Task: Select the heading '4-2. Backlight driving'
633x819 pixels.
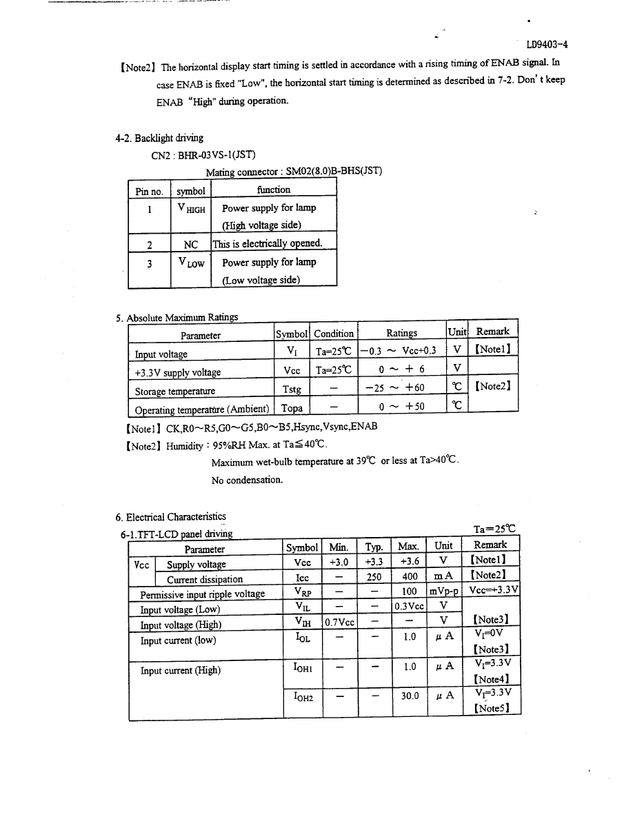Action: coord(159,138)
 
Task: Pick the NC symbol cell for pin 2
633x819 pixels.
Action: coord(191,243)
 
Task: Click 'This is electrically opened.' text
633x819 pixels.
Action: coord(266,243)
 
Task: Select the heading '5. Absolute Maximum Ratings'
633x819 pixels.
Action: coord(177,317)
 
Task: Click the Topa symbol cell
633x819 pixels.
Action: coord(292,408)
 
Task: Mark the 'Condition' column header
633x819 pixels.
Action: coord(334,334)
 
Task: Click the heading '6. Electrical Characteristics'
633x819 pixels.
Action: coord(170,516)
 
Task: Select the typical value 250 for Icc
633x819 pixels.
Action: coord(374,579)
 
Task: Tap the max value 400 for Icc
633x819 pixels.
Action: coord(410,579)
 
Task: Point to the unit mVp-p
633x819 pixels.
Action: coord(444,592)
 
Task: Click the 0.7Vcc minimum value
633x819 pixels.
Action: coord(339,623)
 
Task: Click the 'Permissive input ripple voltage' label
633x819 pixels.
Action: coord(202,594)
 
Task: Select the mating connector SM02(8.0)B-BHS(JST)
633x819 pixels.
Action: coord(329,171)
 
